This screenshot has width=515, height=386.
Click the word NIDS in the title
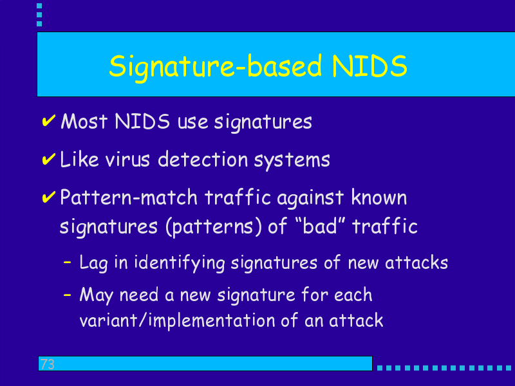point(370,66)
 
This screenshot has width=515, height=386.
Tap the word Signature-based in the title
point(215,68)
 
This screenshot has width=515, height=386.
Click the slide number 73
point(47,364)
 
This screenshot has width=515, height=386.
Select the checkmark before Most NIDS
point(49,120)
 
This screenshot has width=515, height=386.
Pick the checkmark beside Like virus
point(49,159)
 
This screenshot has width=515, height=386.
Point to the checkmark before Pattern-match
point(49,197)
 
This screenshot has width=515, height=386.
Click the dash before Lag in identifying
point(67,262)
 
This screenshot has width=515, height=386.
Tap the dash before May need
point(67,295)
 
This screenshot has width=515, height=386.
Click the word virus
point(127,160)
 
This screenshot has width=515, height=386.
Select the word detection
point(203,160)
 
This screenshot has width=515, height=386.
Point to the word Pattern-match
point(129,198)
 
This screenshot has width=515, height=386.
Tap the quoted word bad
point(320,226)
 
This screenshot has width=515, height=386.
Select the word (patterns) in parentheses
point(214,227)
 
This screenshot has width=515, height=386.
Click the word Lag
point(93,263)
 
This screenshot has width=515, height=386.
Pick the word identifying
point(180,263)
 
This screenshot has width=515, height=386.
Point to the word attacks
point(416,262)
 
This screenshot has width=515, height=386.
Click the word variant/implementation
point(178,320)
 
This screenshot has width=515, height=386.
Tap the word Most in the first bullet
point(84,121)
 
